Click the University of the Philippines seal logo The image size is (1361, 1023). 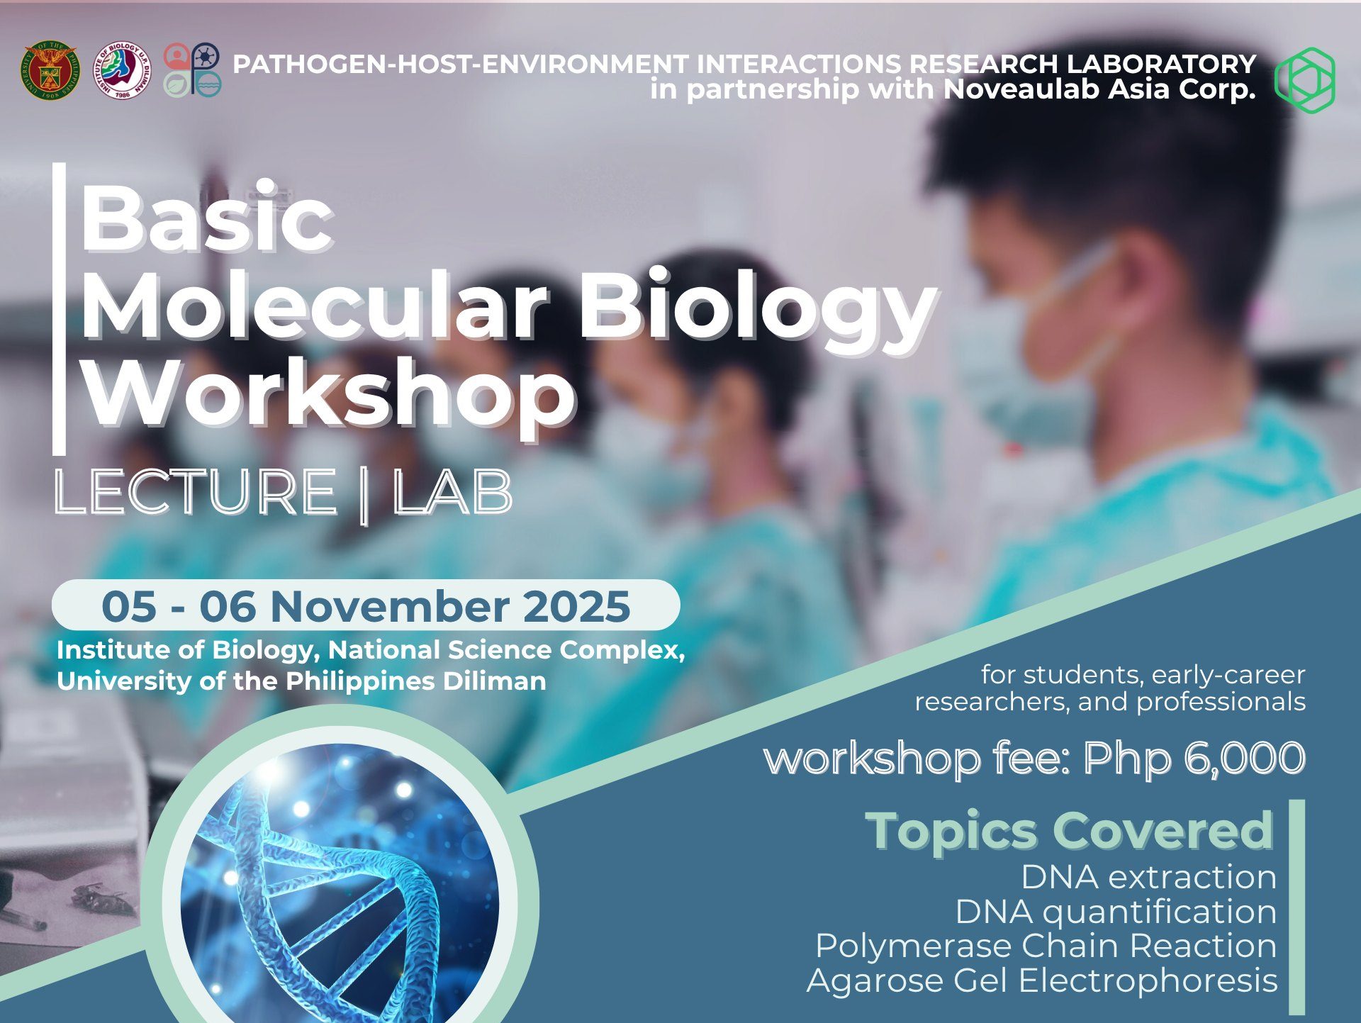[50, 70]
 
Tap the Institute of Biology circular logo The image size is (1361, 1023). [123, 70]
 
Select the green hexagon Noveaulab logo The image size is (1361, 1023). [1305, 79]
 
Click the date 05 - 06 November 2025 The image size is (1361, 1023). [366, 606]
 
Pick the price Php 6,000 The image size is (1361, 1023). [1194, 758]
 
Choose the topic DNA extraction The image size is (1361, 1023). [1148, 877]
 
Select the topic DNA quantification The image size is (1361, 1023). [1116, 912]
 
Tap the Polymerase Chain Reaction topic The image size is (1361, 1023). [1046, 946]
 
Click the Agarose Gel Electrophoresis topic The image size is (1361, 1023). [1042, 980]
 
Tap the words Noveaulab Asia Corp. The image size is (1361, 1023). [1099, 89]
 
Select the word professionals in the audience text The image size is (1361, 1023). [1221, 702]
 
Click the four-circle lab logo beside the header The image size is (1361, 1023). [192, 69]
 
